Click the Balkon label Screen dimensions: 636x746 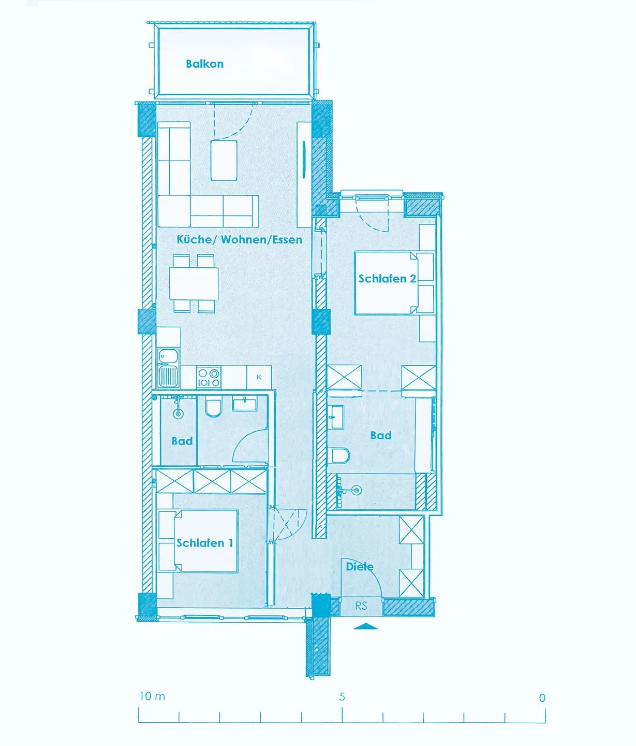[x=204, y=64]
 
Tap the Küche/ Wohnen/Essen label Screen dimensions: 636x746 [x=240, y=239]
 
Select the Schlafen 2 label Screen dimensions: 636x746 [x=387, y=278]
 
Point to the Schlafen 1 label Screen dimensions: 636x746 [x=204, y=543]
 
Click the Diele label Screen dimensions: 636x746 [x=360, y=566]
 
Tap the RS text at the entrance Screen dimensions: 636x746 [x=361, y=606]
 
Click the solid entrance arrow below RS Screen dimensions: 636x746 [x=365, y=626]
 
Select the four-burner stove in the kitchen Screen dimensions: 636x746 [x=209, y=377]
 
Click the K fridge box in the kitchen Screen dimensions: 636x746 [x=259, y=377]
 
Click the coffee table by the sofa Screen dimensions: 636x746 [x=224, y=160]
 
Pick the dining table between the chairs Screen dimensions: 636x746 [x=194, y=283]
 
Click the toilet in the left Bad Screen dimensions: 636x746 [x=213, y=407]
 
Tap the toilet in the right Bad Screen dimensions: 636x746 [x=339, y=455]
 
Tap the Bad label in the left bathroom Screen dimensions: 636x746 [x=182, y=441]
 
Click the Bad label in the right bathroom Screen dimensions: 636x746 [x=381, y=435]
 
